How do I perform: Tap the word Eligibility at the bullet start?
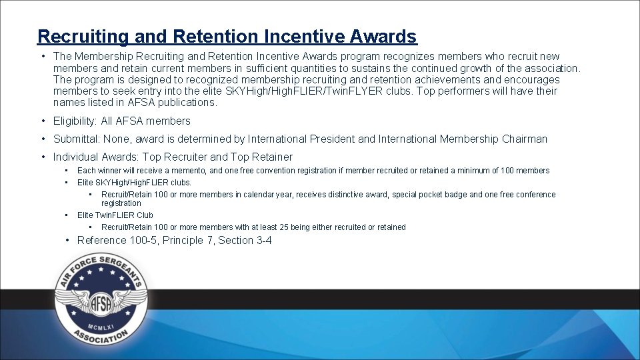(x=75, y=121)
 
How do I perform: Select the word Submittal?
(x=76, y=139)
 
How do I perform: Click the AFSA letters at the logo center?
(x=100, y=303)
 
